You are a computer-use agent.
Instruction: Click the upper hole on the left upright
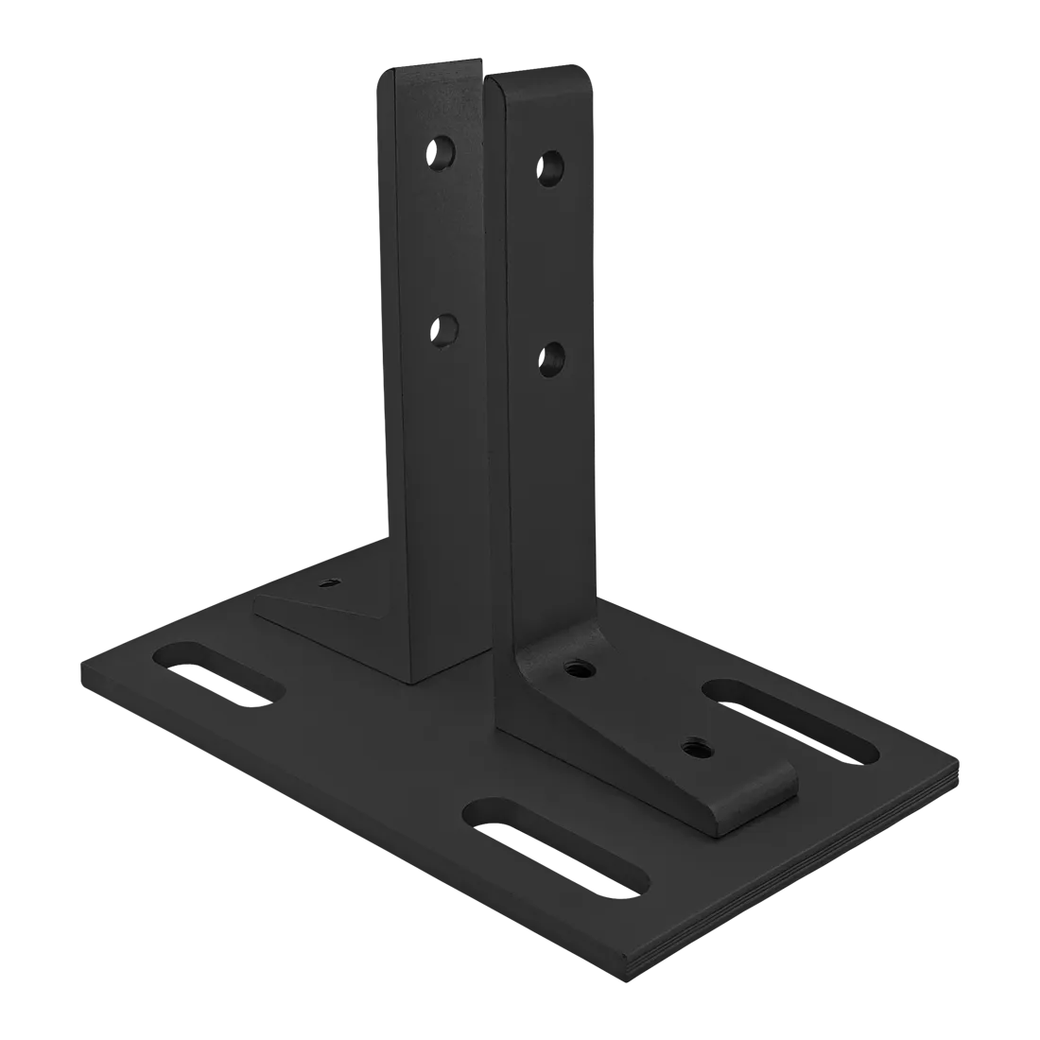coord(442,150)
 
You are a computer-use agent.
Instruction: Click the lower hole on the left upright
coord(442,330)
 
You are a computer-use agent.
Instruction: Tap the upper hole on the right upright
coord(552,167)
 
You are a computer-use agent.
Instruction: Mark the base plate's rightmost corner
coord(957,771)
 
